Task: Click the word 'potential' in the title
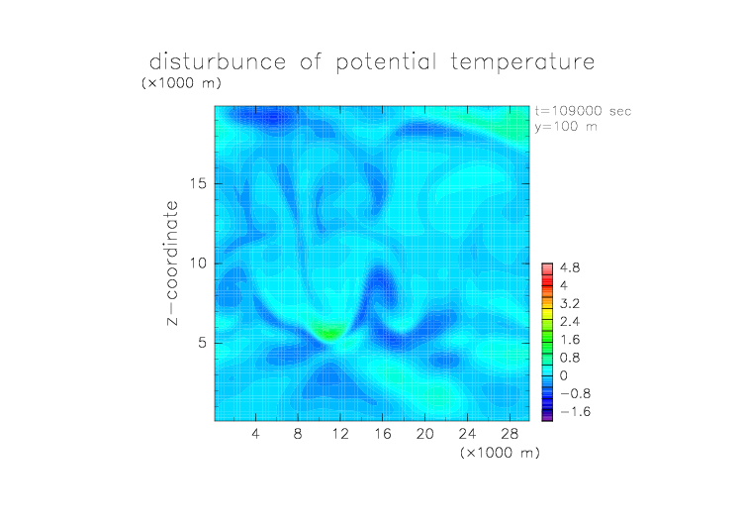pos(386,62)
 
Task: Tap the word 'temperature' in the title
pos(522,61)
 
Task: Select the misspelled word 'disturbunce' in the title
pos(218,61)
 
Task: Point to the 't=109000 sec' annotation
pos(583,111)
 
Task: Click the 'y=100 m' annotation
pos(566,127)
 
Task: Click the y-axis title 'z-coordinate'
pos(172,263)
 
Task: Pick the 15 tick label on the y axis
pos(198,183)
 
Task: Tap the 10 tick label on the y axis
pos(198,263)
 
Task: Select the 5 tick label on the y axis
pos(203,343)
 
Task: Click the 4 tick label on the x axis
pos(255,433)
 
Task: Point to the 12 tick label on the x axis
pos(340,433)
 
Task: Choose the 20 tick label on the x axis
pos(424,433)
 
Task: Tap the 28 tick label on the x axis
pos(510,433)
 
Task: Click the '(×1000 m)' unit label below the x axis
pos(500,453)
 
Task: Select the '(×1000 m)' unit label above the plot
pos(181,83)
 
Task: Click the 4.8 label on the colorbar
pos(570,268)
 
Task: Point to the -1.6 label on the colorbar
pos(575,411)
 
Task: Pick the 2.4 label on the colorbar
pos(570,322)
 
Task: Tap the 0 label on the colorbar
pos(564,375)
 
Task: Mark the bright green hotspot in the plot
pos(328,332)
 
